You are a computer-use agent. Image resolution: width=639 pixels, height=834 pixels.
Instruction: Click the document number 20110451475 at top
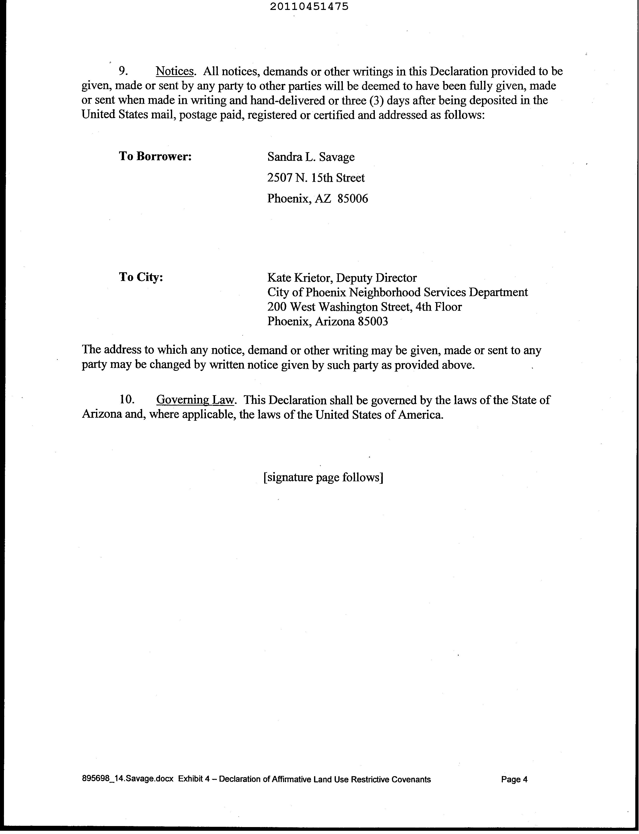pyautogui.click(x=309, y=6)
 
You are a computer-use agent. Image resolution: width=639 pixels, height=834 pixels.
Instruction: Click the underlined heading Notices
pyautogui.click(x=175, y=71)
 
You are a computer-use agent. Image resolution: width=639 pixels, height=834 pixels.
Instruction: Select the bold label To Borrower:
pyautogui.click(x=155, y=156)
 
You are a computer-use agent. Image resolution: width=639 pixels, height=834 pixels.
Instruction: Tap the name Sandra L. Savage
pyautogui.click(x=311, y=157)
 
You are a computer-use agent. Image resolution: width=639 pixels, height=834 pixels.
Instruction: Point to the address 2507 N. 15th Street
pyautogui.click(x=316, y=178)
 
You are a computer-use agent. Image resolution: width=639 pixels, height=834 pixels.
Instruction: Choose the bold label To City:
pyautogui.click(x=141, y=277)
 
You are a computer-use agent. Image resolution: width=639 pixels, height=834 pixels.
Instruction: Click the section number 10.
pyautogui.click(x=127, y=399)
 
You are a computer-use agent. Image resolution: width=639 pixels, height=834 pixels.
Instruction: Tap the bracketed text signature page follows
pyautogui.click(x=323, y=477)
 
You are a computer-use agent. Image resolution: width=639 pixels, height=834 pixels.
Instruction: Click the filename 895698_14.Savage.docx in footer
pyautogui.click(x=128, y=779)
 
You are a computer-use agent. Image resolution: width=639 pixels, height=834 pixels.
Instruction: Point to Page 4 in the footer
pyautogui.click(x=514, y=779)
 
